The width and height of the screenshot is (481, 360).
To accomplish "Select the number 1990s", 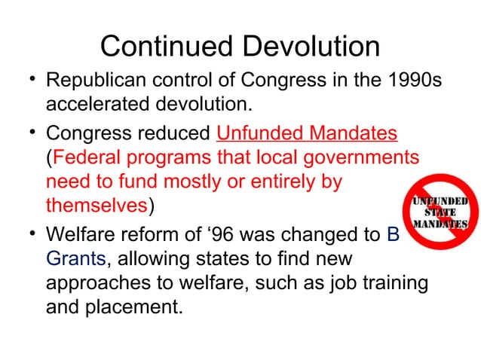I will click(410, 79).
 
